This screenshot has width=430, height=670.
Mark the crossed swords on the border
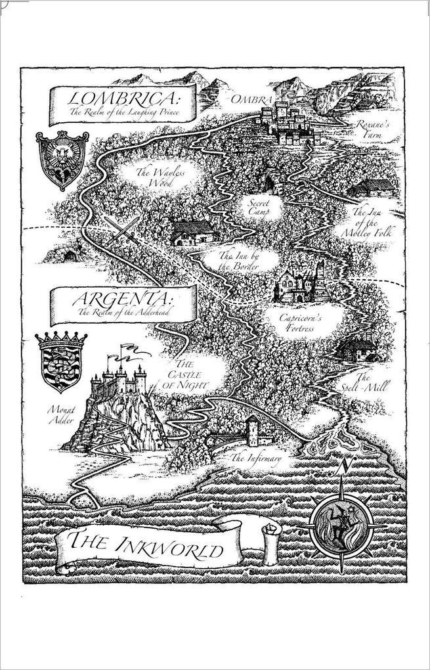(x=124, y=230)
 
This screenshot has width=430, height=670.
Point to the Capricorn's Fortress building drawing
(x=297, y=283)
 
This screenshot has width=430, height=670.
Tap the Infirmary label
(x=257, y=457)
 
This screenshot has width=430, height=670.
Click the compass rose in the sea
(x=341, y=518)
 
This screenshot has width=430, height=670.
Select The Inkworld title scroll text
(x=146, y=545)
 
